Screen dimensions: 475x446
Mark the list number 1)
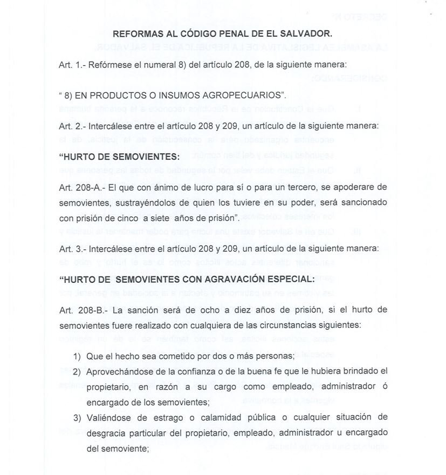click(78, 356)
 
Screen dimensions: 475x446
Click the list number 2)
click(78, 372)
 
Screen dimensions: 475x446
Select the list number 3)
click(78, 418)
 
